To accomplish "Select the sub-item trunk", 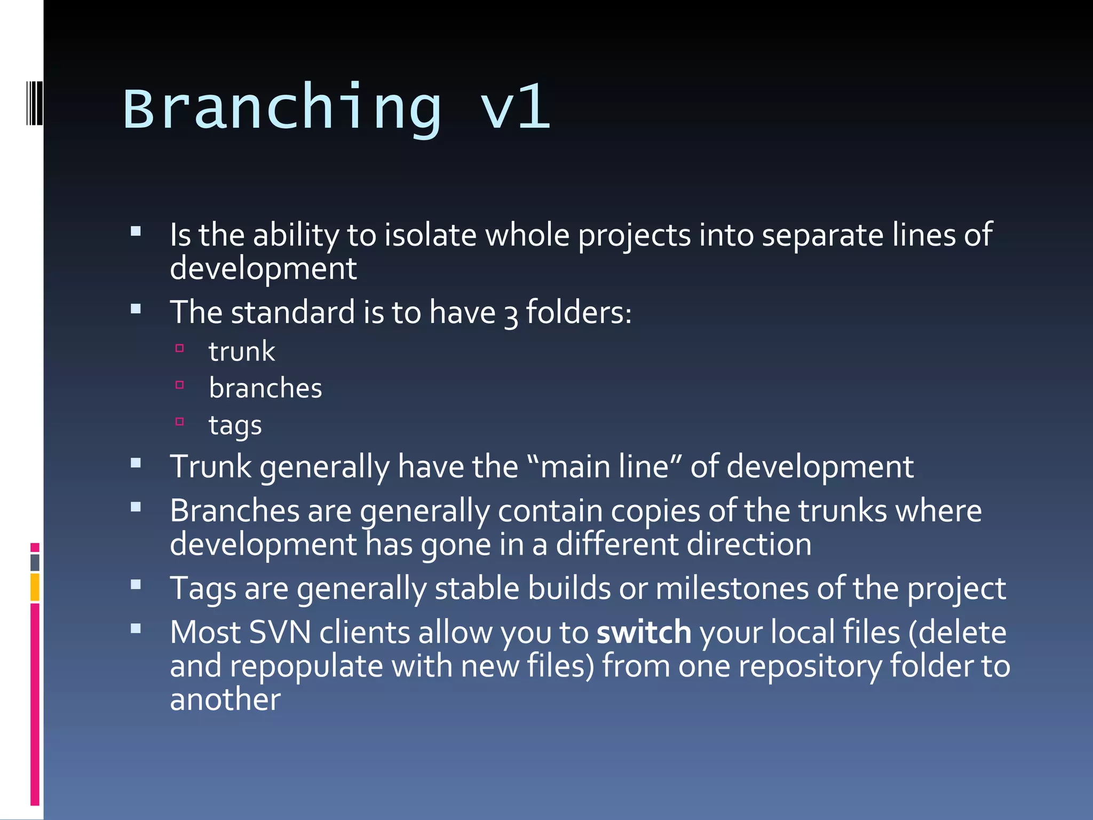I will click(242, 352).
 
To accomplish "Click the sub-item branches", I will click(265, 388).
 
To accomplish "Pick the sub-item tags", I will click(235, 425).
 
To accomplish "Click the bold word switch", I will click(644, 633).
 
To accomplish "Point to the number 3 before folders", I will click(511, 315).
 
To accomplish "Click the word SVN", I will click(280, 633).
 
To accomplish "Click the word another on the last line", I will click(225, 700).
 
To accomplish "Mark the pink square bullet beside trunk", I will click(180, 349).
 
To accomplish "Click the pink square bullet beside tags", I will click(180, 422).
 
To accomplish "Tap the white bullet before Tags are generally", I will click(136, 585).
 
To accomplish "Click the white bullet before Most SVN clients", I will click(136, 629).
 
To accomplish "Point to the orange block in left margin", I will click(35, 587).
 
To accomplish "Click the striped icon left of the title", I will click(34, 102).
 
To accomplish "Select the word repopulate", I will click(306, 667).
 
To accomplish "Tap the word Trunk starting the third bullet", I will click(210, 467).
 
